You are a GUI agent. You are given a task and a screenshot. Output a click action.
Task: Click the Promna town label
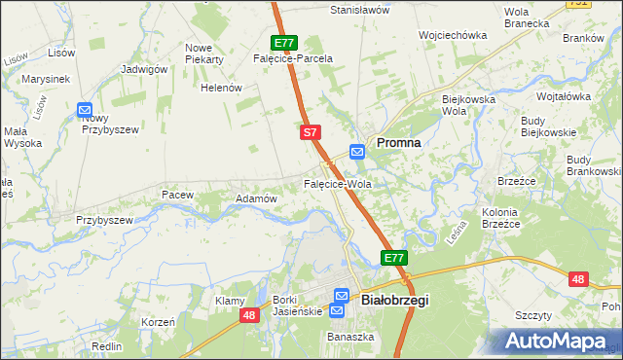pos(398,142)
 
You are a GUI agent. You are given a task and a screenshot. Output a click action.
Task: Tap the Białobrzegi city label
pos(394,301)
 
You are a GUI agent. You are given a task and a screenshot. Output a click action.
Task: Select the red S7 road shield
pos(310,131)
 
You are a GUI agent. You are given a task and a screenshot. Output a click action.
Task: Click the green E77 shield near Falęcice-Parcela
pos(283,43)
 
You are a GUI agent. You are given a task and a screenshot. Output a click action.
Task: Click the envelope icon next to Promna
pos(357,151)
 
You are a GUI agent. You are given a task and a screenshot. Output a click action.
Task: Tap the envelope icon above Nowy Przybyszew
pos(85,111)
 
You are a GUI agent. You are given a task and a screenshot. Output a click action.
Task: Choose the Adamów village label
pos(257,198)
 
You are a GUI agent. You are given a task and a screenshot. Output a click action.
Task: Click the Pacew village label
pos(178,196)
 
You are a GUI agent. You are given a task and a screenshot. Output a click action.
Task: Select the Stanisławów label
pos(359,10)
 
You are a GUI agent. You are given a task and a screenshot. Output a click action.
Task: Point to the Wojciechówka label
pos(452,35)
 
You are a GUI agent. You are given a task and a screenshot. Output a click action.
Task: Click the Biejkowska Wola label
pos(469,104)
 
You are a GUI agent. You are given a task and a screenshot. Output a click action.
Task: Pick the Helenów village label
pos(220,88)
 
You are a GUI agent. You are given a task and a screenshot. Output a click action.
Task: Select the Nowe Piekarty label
pos(204,54)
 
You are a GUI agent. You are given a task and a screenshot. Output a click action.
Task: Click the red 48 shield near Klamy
pos(250,316)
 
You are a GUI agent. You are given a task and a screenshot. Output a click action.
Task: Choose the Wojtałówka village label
pos(565,96)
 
